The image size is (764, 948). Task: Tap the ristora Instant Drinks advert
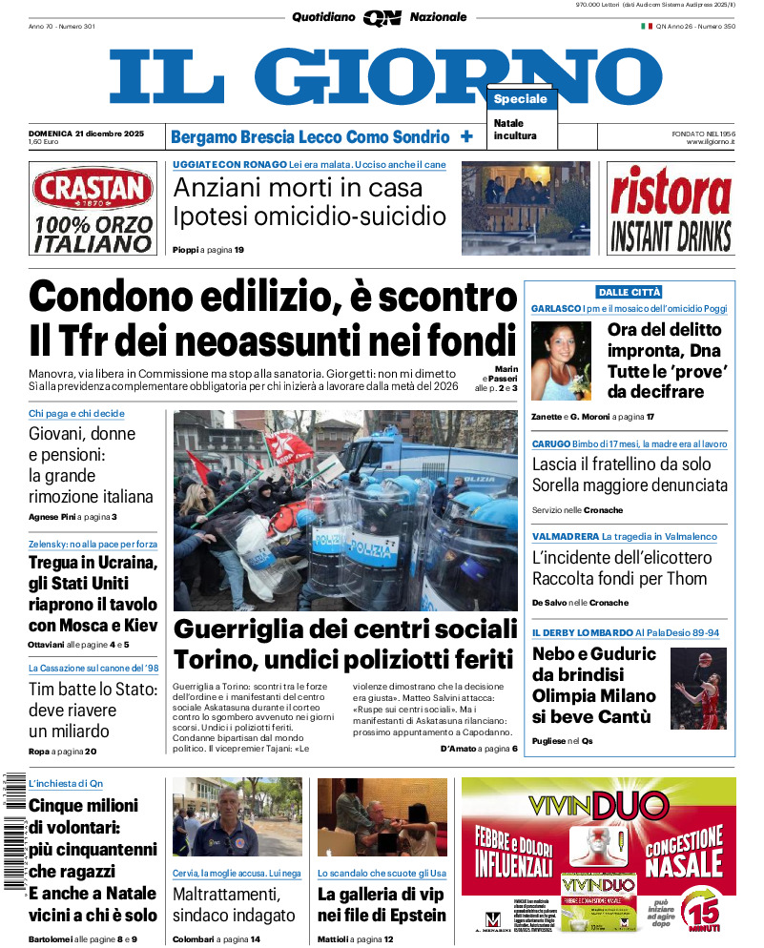[x=671, y=208]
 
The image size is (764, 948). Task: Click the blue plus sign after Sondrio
[x=466, y=136]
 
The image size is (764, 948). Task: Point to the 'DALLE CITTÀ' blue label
[x=630, y=292]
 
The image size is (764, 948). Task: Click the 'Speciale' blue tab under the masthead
[x=521, y=99]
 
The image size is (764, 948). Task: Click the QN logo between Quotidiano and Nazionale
[x=382, y=17]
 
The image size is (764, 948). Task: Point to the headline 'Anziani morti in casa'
[x=298, y=186]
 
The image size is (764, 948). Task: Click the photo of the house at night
[x=526, y=208]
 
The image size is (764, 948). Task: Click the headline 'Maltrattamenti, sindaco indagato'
[x=234, y=904]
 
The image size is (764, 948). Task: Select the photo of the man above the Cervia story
[x=237, y=817]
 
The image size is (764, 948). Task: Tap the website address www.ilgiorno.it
[x=710, y=142]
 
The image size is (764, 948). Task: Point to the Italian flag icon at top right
[x=646, y=26]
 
